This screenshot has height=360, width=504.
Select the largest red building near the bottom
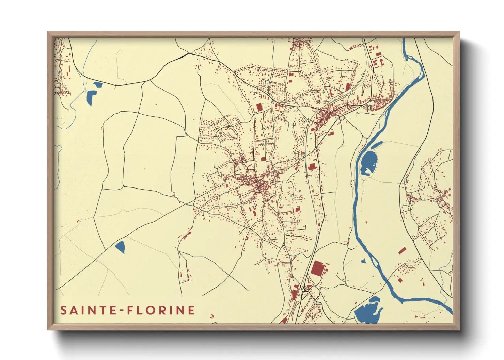317,268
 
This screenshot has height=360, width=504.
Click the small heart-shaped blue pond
363,261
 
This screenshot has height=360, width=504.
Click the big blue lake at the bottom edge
367,311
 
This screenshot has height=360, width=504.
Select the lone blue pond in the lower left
120,247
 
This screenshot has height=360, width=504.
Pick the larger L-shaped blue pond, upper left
91,97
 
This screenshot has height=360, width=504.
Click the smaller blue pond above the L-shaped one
97,84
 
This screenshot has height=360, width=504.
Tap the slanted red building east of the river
402,251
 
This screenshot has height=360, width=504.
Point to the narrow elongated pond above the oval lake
376,145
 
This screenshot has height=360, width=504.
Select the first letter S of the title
63,310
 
